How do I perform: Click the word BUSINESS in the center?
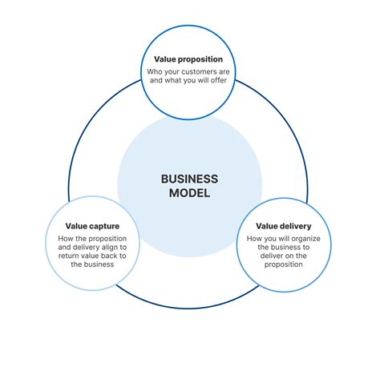pos(189,179)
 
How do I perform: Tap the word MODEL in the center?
pos(189,193)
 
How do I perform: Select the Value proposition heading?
pos(189,59)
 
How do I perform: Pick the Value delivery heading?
pos(285,227)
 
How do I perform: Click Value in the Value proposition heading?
pos(166,59)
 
